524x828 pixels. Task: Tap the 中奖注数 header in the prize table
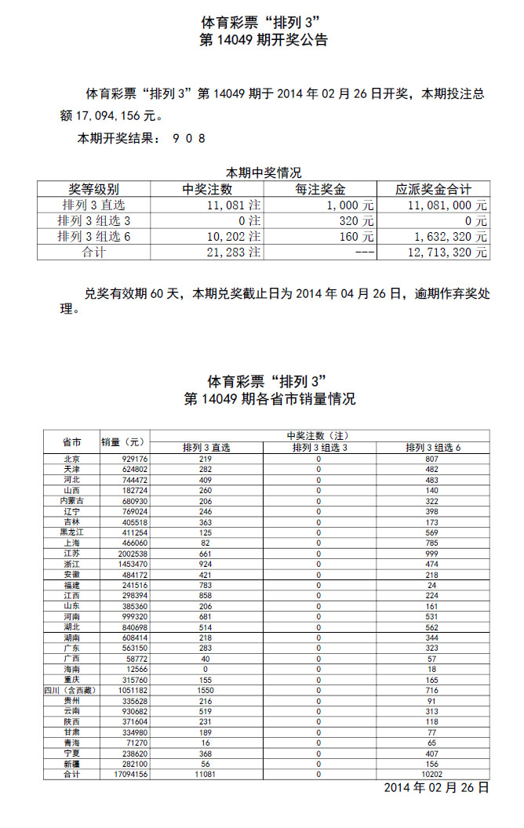click(207, 189)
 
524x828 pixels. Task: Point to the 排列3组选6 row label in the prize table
click(93, 237)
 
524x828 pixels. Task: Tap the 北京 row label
click(71, 459)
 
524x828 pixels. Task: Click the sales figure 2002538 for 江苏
click(132, 553)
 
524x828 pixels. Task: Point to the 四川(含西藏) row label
click(71, 689)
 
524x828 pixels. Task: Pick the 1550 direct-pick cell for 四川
click(206, 689)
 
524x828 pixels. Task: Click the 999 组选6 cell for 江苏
click(431, 553)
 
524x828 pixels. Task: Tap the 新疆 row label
click(71, 763)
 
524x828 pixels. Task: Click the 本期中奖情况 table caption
click(264, 172)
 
